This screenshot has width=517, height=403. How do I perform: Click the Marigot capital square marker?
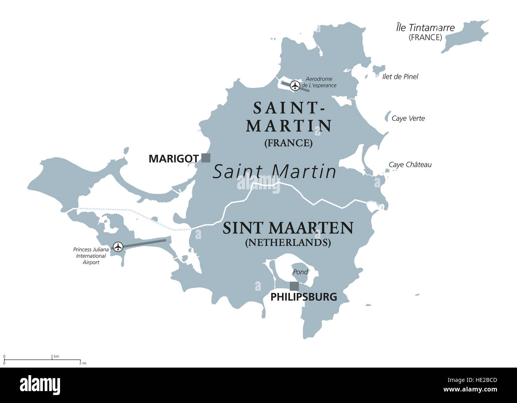click(x=206, y=158)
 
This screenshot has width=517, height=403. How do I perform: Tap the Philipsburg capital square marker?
click(x=294, y=286)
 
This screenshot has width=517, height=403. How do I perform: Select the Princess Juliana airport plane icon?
click(x=118, y=247)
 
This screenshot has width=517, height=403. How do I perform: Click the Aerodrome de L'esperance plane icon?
click(x=295, y=85)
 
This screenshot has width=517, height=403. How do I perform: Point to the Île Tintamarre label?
click(x=425, y=28)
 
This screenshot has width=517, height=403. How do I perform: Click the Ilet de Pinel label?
click(x=400, y=77)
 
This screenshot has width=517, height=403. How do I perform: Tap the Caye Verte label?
click(x=408, y=119)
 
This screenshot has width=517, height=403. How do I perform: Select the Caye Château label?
click(x=410, y=165)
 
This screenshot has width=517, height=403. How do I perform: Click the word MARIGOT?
click(x=173, y=159)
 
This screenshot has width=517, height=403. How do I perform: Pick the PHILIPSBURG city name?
click(x=304, y=297)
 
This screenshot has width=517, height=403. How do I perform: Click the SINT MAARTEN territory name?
click(x=288, y=228)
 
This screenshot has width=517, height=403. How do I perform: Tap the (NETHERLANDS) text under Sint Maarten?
click(x=288, y=242)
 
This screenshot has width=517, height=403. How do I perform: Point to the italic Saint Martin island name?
click(x=275, y=172)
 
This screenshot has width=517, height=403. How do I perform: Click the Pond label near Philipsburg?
click(x=300, y=272)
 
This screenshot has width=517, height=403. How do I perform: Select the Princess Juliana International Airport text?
click(x=91, y=256)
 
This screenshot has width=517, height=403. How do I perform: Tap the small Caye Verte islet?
click(x=387, y=117)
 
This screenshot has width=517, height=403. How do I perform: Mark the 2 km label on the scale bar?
click(x=54, y=356)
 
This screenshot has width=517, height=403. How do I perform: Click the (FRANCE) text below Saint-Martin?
click(x=288, y=143)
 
